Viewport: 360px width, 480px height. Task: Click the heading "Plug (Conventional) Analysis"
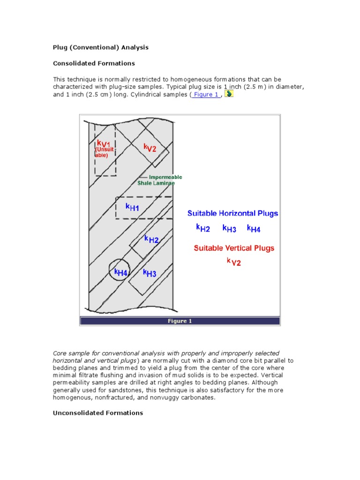point(100,47)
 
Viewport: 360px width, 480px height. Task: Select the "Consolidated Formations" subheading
point(94,63)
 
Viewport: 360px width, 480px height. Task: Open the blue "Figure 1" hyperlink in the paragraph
point(207,95)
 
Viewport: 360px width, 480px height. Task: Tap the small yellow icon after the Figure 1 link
point(229,94)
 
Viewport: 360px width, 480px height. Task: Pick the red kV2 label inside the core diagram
point(150,148)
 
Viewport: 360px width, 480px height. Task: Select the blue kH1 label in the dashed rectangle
point(132,207)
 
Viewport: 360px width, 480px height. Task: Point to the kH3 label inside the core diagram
point(150,273)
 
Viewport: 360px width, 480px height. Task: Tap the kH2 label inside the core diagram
point(151,240)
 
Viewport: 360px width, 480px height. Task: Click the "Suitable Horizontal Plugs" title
point(232,213)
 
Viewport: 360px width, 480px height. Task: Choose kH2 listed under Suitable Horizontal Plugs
point(203,229)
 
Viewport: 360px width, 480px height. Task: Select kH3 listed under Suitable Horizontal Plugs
point(229,229)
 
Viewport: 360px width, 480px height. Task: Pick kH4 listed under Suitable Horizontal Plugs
point(254,229)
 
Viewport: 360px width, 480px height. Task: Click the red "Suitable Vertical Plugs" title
point(234,248)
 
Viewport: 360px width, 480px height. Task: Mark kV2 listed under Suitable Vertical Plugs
point(233,262)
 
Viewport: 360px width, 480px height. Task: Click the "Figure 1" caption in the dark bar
point(180,321)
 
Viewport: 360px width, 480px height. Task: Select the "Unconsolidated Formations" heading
point(97,413)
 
